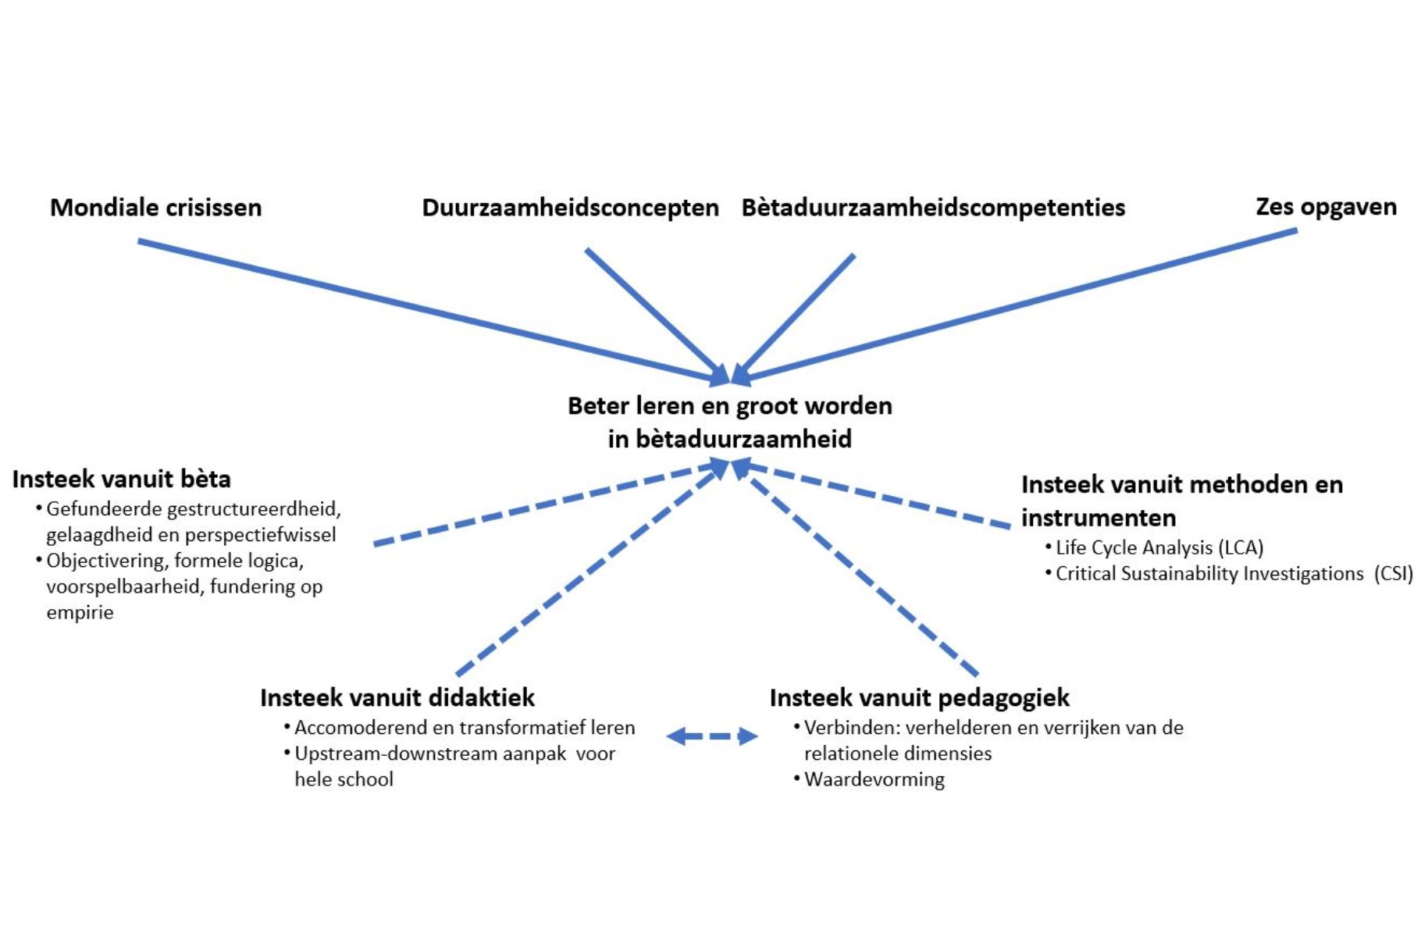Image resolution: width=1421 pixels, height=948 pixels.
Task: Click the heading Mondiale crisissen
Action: point(155,208)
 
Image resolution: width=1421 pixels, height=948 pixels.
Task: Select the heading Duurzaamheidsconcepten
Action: point(570,208)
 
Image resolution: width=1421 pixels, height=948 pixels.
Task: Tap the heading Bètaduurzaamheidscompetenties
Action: point(933,208)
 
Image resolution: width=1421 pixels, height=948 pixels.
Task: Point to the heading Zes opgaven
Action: point(1326,207)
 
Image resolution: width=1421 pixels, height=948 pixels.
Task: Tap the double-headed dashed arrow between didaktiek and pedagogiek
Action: point(712,736)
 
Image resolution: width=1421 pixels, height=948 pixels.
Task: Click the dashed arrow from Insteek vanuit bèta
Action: point(547,504)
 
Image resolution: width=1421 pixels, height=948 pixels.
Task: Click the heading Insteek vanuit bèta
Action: point(121,479)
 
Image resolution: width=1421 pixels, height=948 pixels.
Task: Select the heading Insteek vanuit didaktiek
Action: point(397,697)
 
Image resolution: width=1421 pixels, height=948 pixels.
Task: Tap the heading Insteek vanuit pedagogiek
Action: point(919,697)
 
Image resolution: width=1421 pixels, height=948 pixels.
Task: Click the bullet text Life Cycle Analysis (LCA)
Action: point(1159,547)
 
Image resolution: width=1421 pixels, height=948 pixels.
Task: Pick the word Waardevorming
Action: point(874,779)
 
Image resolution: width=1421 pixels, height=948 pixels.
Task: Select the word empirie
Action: point(80,612)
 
